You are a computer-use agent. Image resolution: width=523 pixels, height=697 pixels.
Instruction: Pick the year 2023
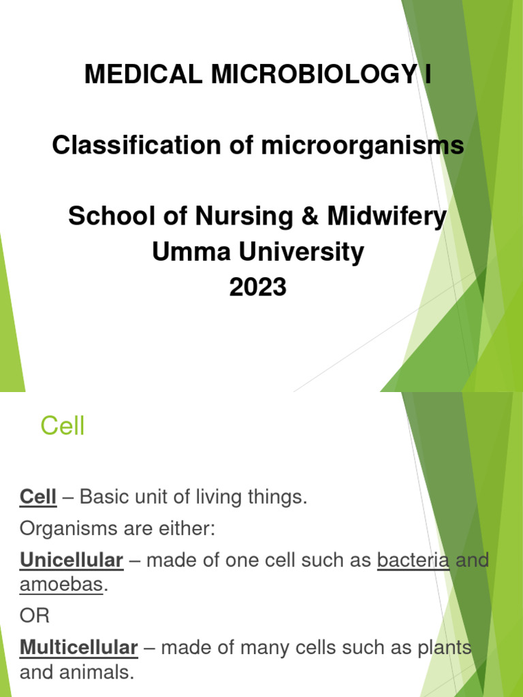pos(258,288)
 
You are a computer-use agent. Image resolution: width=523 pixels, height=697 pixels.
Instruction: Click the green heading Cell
pos(62,427)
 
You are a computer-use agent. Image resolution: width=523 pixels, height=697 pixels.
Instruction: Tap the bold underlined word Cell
pos(37,498)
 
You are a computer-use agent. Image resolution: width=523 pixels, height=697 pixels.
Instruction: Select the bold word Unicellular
pos(72,561)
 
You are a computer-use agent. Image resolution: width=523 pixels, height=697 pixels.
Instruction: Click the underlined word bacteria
pos(413,561)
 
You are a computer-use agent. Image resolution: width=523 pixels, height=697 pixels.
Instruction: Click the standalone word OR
pos(35,617)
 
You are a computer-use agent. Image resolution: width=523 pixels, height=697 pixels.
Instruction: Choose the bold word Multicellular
pos(79,648)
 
